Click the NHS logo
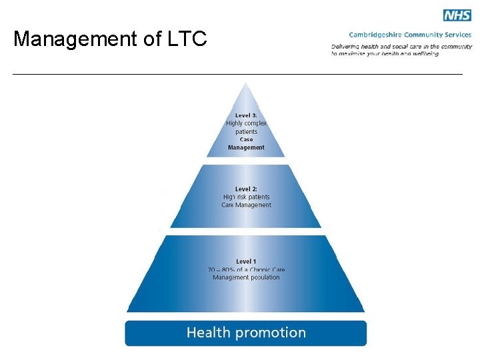(457, 15)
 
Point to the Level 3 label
(246, 115)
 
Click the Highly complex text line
(246, 123)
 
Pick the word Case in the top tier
(246, 139)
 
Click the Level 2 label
(246, 189)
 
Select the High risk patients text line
(246, 197)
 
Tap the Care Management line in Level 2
(246, 205)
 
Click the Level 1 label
(246, 261)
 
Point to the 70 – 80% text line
(246, 269)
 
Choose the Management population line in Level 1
(246, 277)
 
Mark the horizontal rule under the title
(237, 74)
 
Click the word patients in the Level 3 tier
(246, 131)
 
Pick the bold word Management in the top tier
(246, 147)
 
